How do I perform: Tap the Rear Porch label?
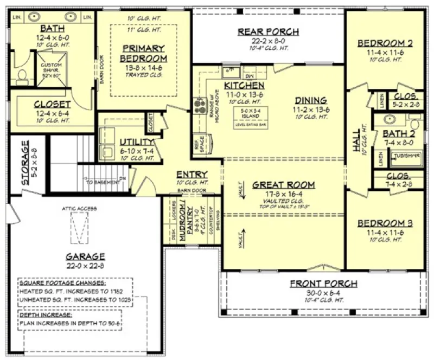[x=268, y=32]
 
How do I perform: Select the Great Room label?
[x=284, y=185]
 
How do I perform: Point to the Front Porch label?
[x=323, y=284]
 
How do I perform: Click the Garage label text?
[x=85, y=256]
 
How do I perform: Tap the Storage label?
[x=25, y=163]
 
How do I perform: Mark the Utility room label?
[x=137, y=142]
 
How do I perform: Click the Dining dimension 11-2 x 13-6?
[x=311, y=108]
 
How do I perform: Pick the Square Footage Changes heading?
[x=62, y=283]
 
